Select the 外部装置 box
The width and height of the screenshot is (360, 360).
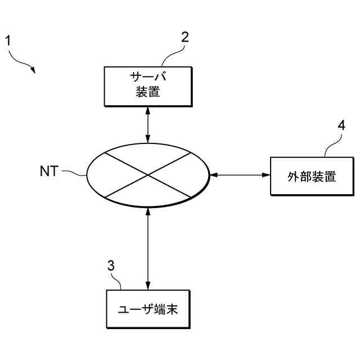pos(313,176)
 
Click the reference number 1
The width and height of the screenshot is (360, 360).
pos(8,40)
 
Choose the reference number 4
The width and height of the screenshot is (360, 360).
pos(341,125)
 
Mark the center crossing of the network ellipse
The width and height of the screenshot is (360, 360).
pos(148,175)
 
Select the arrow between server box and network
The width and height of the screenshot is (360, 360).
pos(148,124)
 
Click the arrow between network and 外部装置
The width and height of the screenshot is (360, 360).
pos(240,175)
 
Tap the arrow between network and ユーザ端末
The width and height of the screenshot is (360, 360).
pos(148,248)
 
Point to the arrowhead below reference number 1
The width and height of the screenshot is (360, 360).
pos(33,70)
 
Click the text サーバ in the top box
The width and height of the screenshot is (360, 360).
pos(148,77)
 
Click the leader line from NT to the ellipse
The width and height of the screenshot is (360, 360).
pos(73,172)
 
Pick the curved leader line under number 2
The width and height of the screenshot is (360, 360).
pos(172,55)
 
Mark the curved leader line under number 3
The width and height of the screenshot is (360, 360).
pos(117,281)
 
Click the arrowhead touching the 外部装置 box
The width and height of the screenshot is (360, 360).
pos(267,175)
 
